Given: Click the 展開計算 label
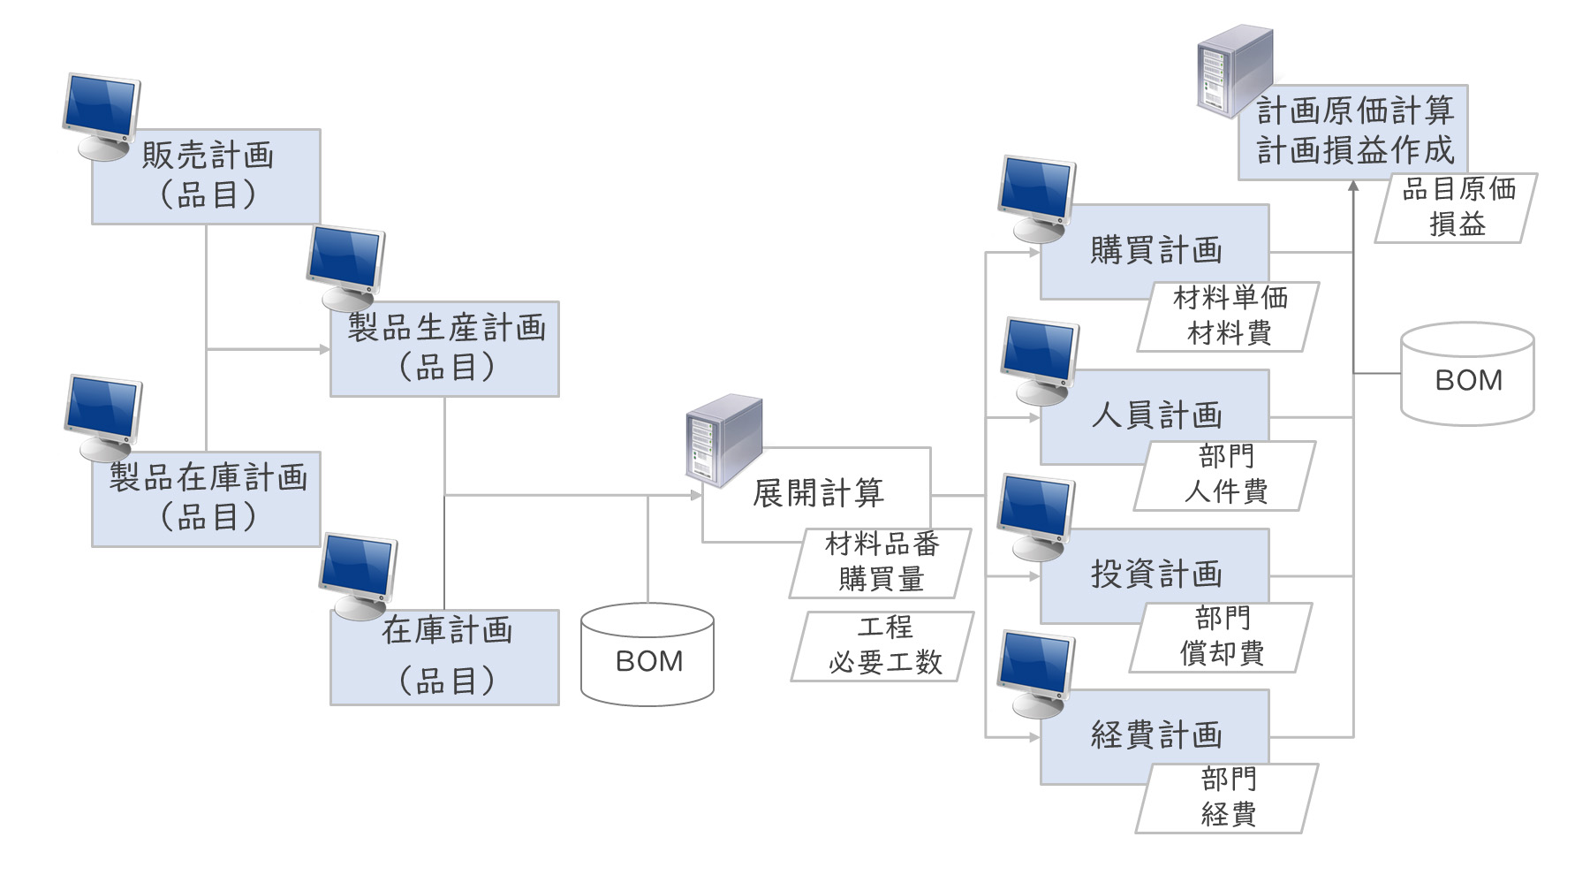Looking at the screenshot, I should click(818, 492).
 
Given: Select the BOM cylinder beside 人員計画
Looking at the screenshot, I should click(1467, 375).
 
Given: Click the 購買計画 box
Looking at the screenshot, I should click(1155, 250).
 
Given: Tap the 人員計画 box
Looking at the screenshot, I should click(1155, 415).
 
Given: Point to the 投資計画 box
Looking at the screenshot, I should click(1155, 574).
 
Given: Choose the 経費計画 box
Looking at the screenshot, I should click(1155, 734).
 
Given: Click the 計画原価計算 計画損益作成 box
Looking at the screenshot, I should click(1353, 132).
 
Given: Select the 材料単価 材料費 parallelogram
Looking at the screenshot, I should click(1228, 316).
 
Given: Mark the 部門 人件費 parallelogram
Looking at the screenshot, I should click(1225, 476).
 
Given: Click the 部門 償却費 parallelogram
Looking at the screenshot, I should click(1222, 637).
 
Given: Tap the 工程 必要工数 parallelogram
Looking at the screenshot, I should click(883, 646).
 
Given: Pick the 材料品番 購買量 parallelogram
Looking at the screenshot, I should click(881, 563).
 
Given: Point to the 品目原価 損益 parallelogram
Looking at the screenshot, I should click(1457, 208).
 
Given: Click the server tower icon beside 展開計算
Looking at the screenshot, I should click(724, 439).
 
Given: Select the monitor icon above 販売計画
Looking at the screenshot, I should click(102, 115).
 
